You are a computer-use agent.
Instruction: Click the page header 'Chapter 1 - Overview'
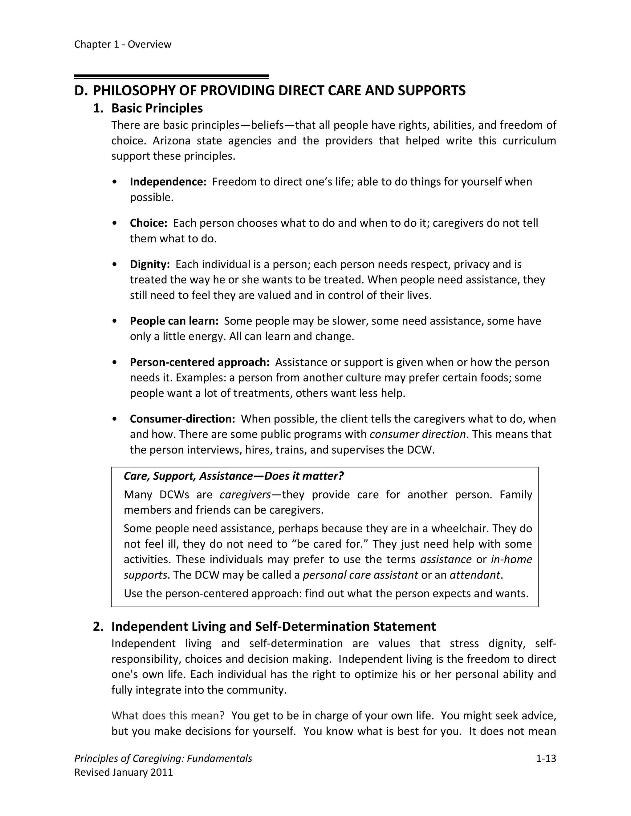(x=123, y=44)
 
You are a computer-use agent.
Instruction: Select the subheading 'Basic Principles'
(x=157, y=108)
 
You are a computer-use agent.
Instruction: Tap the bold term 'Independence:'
(x=168, y=182)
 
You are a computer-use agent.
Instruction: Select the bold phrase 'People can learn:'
(x=174, y=321)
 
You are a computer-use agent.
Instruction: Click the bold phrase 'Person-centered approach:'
(x=200, y=362)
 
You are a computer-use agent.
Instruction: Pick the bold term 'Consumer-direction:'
(x=182, y=419)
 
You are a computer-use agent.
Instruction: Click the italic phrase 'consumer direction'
(x=417, y=434)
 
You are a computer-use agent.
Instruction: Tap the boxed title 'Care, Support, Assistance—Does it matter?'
(x=234, y=476)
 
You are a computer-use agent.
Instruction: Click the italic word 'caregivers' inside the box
(x=245, y=495)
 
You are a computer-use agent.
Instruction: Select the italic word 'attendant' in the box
(x=475, y=575)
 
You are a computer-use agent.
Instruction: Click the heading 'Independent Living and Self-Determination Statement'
(x=273, y=627)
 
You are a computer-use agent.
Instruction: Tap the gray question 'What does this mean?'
(x=168, y=716)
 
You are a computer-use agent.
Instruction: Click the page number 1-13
(x=546, y=758)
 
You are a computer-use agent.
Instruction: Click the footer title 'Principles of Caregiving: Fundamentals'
(x=163, y=758)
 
